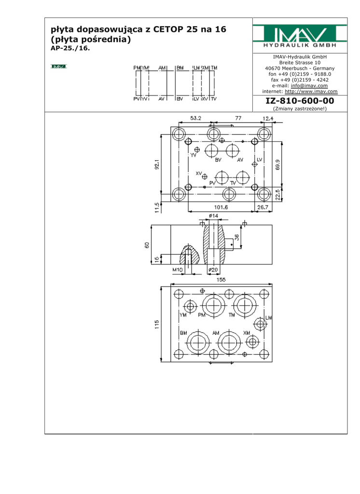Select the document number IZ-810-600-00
pyautogui.click(x=300, y=101)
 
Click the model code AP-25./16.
pyautogui.click(x=70, y=48)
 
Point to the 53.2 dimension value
pyautogui.click(x=196, y=118)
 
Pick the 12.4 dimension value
pyautogui.click(x=268, y=118)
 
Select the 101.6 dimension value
pyautogui.click(x=221, y=208)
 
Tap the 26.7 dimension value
pyautogui.click(x=263, y=208)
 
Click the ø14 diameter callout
pyautogui.click(x=213, y=216)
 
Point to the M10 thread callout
pyautogui.click(x=178, y=270)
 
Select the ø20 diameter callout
pyautogui.click(x=213, y=270)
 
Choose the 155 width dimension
pyautogui.click(x=221, y=279)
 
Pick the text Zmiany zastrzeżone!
pyautogui.click(x=300, y=109)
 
